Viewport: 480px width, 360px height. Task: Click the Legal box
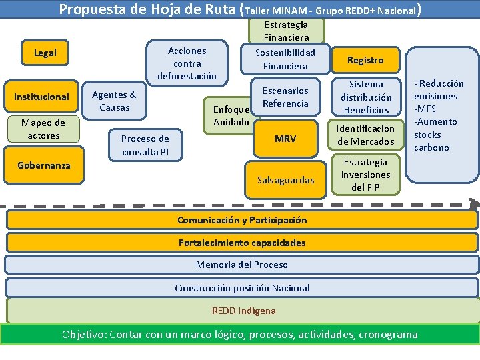[45, 53]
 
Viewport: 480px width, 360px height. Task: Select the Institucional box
[41, 97]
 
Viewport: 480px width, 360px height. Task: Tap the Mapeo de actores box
[43, 129]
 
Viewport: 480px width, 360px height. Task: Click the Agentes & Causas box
[114, 101]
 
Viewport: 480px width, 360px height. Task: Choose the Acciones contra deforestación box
[187, 63]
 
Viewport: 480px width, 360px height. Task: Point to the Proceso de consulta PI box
[145, 145]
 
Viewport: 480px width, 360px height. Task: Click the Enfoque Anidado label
[231, 116]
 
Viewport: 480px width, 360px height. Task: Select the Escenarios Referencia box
[285, 97]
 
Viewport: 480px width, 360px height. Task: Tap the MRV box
[285, 139]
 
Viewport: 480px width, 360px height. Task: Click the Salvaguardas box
[285, 180]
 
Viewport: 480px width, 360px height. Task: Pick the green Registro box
[365, 60]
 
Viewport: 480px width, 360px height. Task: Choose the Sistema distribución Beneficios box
[366, 97]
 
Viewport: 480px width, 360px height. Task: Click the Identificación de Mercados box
[366, 135]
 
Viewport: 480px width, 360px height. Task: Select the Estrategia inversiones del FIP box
[365, 175]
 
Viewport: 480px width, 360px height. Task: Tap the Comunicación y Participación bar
[242, 220]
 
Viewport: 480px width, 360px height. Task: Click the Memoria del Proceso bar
[242, 265]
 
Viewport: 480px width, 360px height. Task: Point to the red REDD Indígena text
[243, 311]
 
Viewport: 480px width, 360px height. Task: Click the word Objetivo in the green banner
[83, 334]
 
